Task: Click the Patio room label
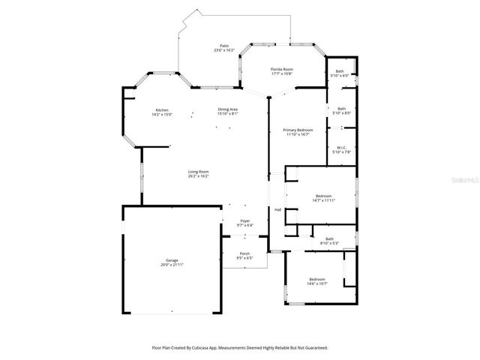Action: [x=223, y=46]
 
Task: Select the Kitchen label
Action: [x=162, y=109]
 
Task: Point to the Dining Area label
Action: [x=228, y=109]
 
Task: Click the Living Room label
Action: [x=198, y=172]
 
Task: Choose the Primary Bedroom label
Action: [x=298, y=130]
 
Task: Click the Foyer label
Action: [x=244, y=220]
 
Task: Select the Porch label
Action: [x=244, y=253]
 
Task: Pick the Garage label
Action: [x=172, y=260]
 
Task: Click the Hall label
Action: [x=277, y=209]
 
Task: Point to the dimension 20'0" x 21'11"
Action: [x=172, y=265]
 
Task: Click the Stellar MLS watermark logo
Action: [x=460, y=181]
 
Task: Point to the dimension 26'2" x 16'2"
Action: [x=198, y=176]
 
